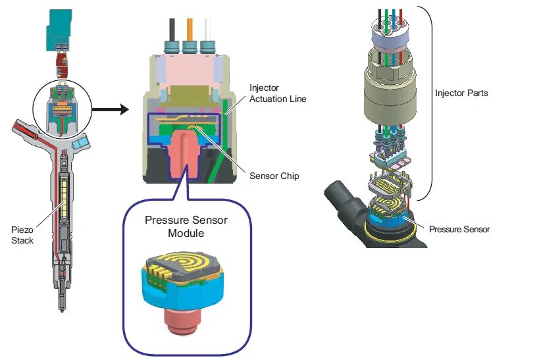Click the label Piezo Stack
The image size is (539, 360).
(x=23, y=235)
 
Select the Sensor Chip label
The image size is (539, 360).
(x=274, y=176)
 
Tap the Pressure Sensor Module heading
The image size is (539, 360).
(x=186, y=225)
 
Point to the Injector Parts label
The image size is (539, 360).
(x=461, y=93)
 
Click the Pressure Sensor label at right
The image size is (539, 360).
(x=459, y=229)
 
